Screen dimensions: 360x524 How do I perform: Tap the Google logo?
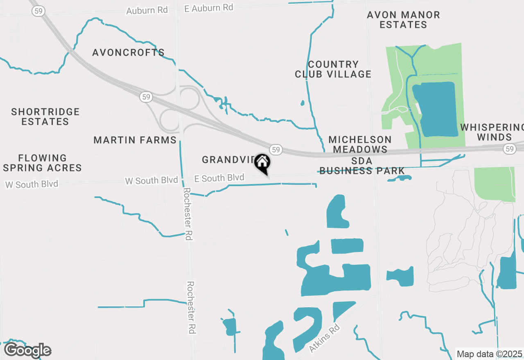27,351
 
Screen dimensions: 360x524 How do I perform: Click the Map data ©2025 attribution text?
489,354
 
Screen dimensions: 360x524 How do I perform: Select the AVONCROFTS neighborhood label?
128,53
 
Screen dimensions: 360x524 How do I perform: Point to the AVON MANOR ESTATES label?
403,20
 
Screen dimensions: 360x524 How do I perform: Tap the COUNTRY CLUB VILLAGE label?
333,69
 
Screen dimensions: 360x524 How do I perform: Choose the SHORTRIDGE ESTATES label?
45,117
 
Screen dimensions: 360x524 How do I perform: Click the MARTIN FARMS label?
135,140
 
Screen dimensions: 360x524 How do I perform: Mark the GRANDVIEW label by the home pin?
228,160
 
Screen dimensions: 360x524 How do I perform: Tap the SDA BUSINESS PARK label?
362,166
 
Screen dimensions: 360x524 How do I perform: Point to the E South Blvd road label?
219,178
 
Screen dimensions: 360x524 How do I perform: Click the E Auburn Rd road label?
209,8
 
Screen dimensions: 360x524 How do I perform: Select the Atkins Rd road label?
325,338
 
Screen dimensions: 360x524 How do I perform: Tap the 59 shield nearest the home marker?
276,149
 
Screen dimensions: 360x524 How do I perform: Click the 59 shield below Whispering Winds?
509,149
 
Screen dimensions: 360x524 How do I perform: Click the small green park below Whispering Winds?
494,184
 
